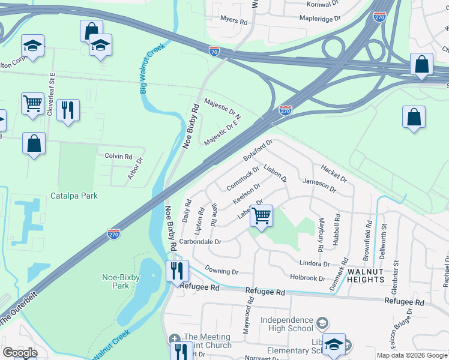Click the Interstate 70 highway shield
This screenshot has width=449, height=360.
coord(214,52)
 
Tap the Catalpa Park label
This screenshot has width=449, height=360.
coord(74,196)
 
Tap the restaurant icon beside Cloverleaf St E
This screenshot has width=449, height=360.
coord(68,110)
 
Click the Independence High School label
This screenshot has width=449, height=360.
coord(287,324)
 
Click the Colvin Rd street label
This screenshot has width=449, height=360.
coord(118,156)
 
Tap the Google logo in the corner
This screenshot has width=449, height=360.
coord(20,353)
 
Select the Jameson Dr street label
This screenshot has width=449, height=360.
coord(319,184)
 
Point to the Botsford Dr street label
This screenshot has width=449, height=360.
coord(258,150)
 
